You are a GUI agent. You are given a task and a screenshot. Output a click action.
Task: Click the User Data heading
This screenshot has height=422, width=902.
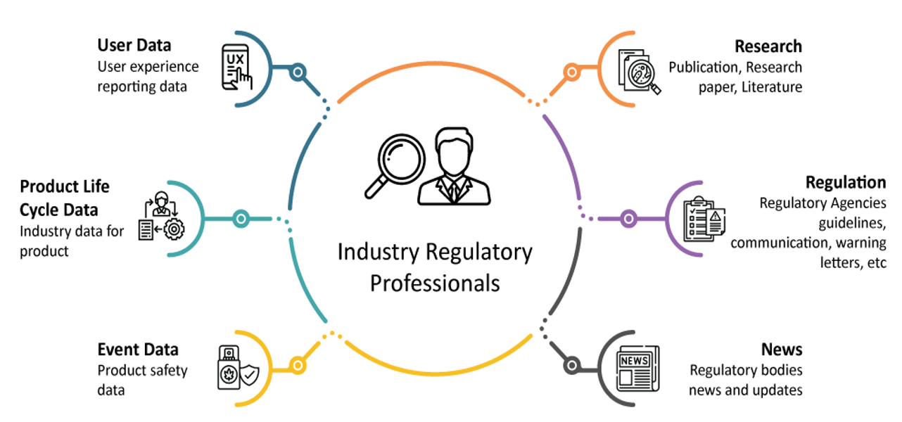point(134,46)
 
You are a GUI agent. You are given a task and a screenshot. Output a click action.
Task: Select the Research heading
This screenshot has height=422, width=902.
point(768,46)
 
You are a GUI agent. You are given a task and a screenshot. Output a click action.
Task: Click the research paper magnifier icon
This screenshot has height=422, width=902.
point(639,70)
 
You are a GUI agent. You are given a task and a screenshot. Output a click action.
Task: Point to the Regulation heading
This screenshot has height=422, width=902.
point(845,183)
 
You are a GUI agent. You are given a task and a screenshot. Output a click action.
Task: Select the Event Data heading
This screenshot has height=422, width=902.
point(138,350)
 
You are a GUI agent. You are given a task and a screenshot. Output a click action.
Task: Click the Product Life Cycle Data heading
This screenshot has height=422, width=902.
point(65,198)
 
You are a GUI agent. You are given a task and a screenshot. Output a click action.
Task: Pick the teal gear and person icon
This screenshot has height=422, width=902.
point(161,218)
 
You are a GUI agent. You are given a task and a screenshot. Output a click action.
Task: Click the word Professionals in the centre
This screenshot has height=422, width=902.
point(435,283)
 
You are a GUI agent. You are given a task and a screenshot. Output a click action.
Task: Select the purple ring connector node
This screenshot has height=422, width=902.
point(628,219)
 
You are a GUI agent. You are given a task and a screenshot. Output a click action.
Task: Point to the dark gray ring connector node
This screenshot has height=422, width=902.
point(571,366)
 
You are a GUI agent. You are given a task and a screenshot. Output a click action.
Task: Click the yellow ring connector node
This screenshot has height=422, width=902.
point(298,366)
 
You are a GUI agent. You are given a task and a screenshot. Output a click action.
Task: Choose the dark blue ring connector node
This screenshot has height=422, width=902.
point(298,72)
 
